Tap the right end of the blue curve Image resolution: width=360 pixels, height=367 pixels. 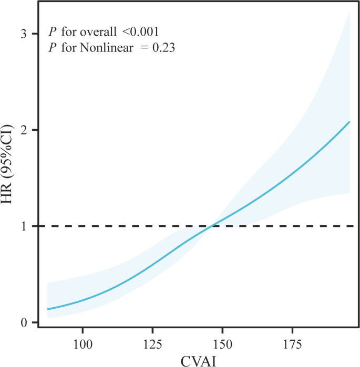point(349,122)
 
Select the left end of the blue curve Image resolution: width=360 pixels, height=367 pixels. point(48,309)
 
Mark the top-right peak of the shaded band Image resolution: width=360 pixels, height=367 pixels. point(349,11)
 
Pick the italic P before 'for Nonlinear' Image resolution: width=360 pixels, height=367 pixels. point(52,48)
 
